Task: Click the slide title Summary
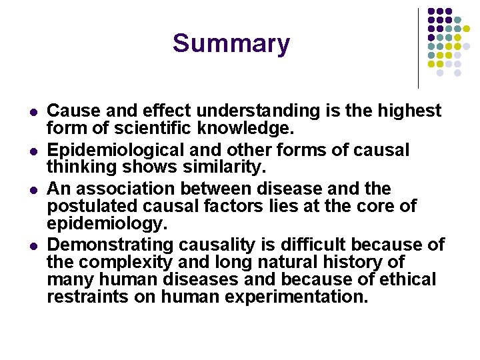point(231,44)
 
